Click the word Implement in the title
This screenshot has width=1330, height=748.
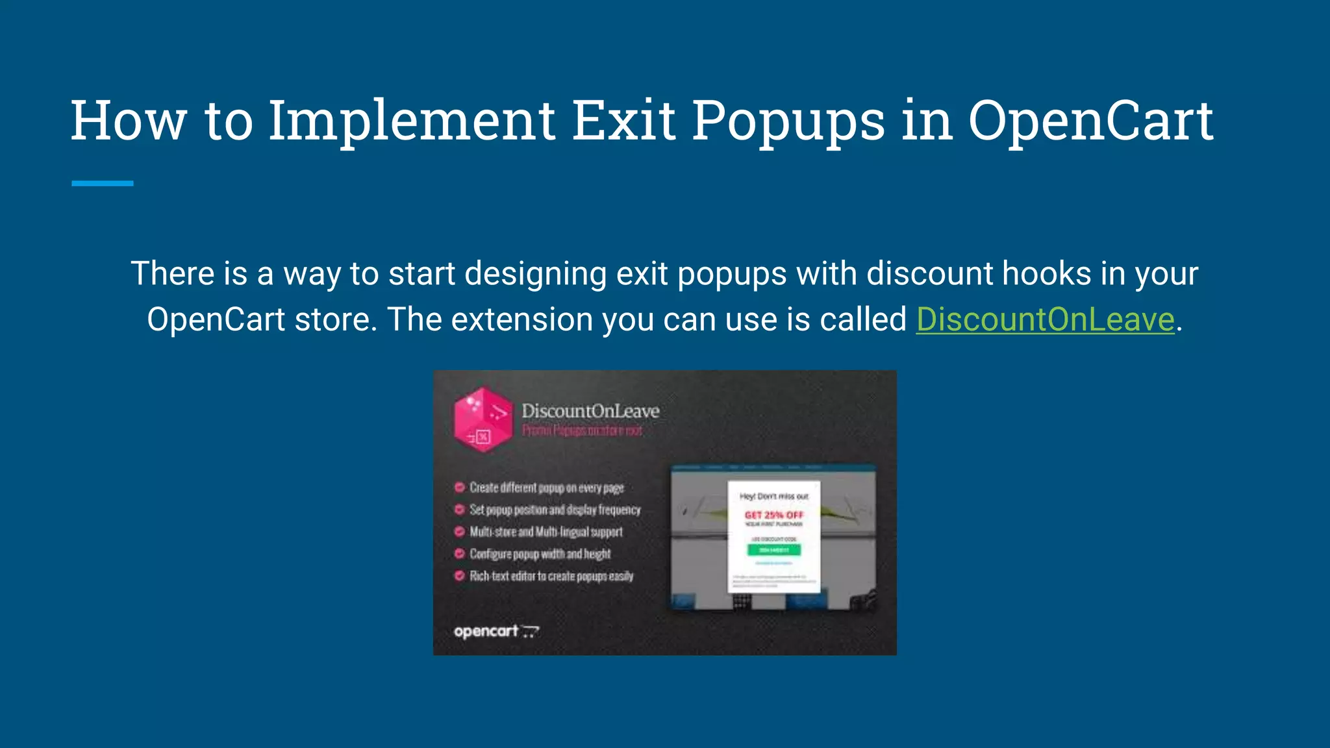click(x=412, y=121)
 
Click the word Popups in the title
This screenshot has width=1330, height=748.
click(x=788, y=121)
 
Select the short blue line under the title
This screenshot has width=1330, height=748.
click(x=103, y=184)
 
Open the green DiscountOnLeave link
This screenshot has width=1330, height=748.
click(x=1045, y=319)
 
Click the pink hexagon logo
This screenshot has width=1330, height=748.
click(x=483, y=419)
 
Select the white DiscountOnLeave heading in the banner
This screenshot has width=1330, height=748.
click(x=590, y=411)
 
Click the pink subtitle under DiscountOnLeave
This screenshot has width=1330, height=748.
click(x=582, y=430)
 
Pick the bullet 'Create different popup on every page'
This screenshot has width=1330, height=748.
click(x=546, y=488)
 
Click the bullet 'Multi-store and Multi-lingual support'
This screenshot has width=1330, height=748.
click(x=546, y=532)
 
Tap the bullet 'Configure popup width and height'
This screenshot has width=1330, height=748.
click(x=540, y=554)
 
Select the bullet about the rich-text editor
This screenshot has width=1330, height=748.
click(x=551, y=576)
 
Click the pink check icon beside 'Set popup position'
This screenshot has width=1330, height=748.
click(x=459, y=510)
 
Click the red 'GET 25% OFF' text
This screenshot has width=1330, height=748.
click(x=773, y=515)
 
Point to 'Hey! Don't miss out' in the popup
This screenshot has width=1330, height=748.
click(x=773, y=496)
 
